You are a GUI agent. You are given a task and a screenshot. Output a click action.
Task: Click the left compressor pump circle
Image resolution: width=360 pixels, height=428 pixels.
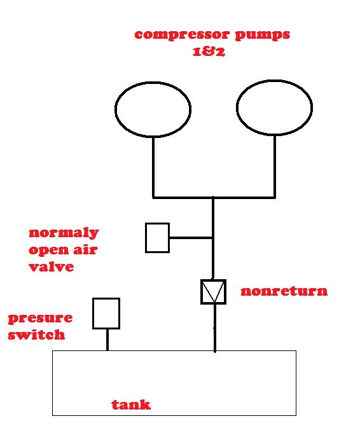[115, 109]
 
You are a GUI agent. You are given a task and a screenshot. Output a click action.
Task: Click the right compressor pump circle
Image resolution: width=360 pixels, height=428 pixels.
[237, 107]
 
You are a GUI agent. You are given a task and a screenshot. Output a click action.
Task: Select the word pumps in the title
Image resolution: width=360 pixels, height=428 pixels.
[262, 36]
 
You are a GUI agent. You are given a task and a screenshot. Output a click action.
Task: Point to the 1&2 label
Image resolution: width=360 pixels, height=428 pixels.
[209, 52]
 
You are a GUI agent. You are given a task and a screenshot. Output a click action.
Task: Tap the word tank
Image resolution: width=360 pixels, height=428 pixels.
[131, 404]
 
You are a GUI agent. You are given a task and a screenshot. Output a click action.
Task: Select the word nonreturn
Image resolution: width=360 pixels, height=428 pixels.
[284, 291]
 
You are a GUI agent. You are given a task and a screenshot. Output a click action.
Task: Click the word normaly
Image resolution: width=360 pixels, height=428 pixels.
[64, 233]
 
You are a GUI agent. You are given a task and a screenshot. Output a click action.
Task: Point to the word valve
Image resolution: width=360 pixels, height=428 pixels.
[52, 266]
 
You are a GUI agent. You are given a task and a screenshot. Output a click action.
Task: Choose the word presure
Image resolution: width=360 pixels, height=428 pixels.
[41, 319]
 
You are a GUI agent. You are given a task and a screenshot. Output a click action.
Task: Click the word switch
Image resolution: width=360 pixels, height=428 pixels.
[36, 335]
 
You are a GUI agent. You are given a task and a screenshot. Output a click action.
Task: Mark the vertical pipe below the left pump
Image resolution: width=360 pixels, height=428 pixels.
[153, 167]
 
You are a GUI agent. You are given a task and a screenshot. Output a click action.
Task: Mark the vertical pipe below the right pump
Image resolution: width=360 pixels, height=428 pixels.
[275, 166]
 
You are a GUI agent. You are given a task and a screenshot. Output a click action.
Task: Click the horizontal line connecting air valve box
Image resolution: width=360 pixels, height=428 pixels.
[191, 238]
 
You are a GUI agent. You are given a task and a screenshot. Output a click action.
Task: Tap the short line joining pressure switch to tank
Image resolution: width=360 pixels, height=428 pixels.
[107, 340]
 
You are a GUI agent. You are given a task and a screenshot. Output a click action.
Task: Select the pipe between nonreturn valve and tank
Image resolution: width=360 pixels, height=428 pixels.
[215, 328]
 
